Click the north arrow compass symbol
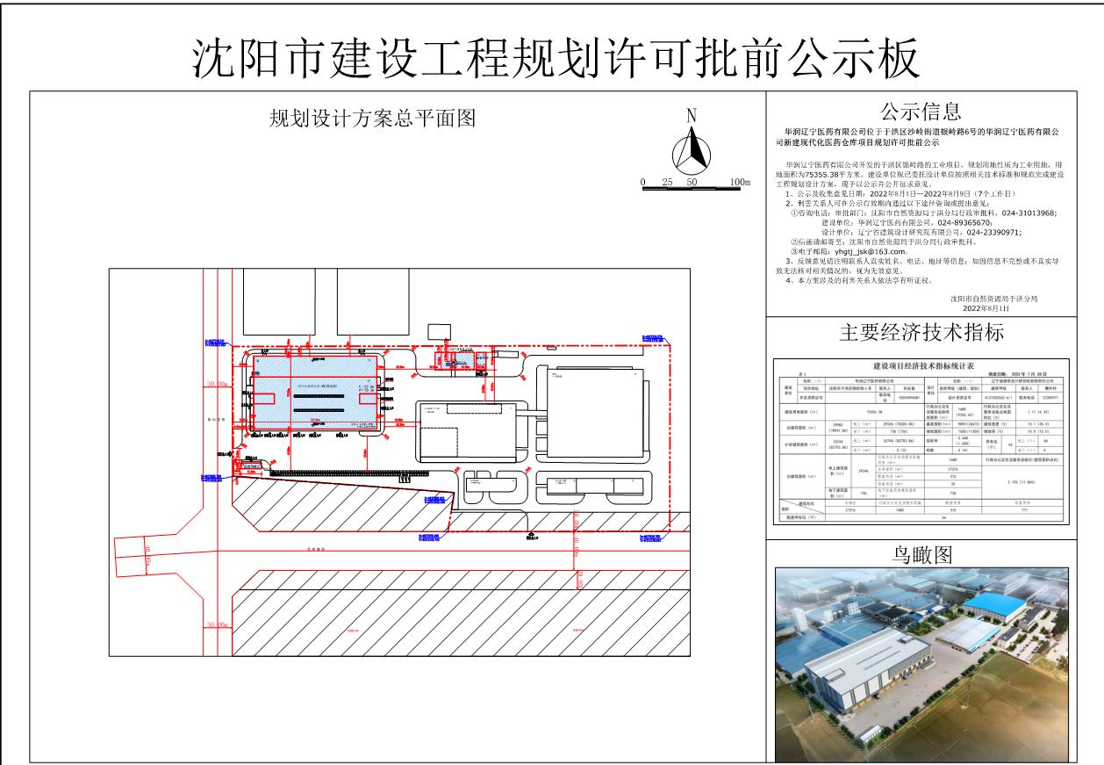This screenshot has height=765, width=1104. (692, 151)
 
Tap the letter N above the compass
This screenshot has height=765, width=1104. (692, 114)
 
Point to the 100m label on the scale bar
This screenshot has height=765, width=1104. (740, 182)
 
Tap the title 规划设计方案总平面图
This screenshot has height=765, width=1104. (372, 119)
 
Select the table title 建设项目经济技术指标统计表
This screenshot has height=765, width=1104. (921, 364)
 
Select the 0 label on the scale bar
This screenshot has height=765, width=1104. (643, 182)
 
